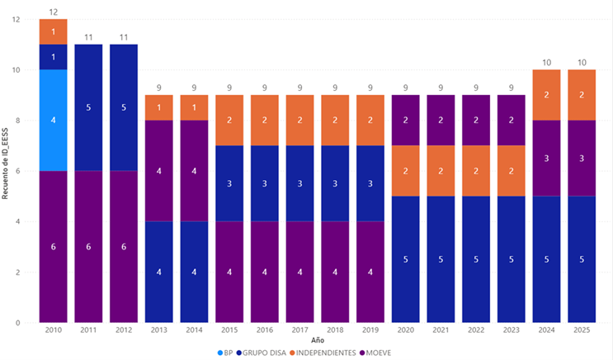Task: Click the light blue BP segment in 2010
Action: point(53,120)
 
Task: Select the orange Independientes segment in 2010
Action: point(53,31)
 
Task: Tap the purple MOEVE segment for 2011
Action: point(88,246)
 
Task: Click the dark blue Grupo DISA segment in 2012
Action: point(124,107)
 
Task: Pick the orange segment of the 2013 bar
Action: point(159,107)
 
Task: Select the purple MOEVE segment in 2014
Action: point(194,171)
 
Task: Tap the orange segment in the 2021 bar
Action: point(441,171)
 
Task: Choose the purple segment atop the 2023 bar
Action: point(512,120)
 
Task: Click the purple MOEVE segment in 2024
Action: point(546,158)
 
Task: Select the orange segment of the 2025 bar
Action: point(582,95)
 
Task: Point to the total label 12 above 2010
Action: point(53,12)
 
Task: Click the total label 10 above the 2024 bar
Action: point(546,62)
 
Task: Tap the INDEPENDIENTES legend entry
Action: point(326,353)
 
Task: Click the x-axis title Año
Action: point(318,339)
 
